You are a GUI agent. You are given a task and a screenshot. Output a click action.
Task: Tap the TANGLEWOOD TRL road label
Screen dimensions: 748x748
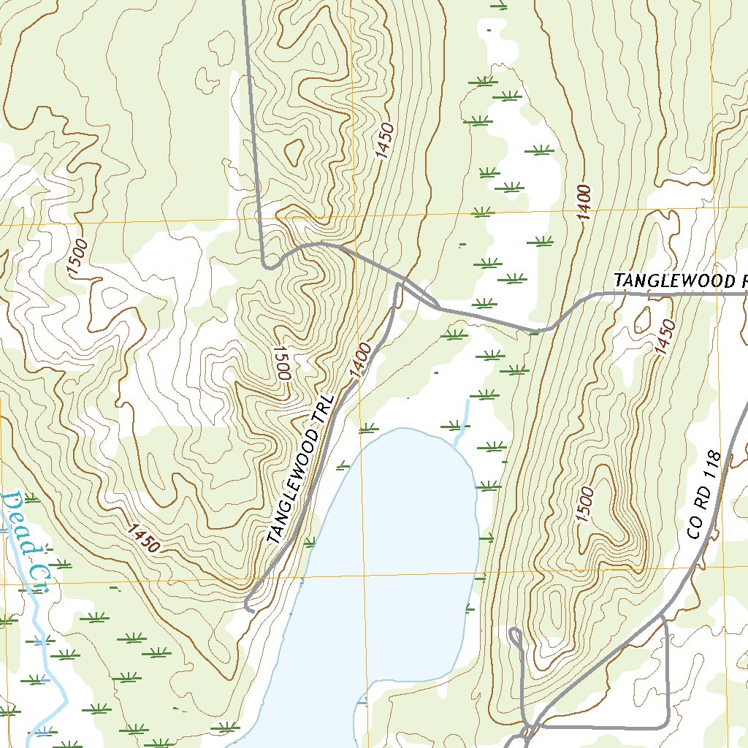tap(299, 471)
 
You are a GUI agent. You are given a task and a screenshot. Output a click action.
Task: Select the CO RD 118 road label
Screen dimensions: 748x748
tap(704, 495)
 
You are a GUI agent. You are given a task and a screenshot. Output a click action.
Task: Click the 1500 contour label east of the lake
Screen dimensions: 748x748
tap(584, 505)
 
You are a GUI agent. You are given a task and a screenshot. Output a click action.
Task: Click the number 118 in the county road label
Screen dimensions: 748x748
tap(713, 466)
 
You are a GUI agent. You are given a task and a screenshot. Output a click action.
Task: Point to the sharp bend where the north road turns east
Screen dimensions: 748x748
tap(267, 266)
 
